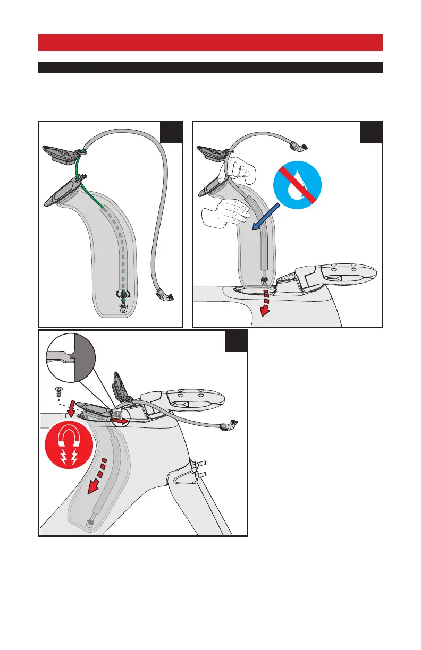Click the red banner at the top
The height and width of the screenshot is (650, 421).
(x=210, y=42)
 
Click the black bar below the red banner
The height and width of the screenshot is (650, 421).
(x=210, y=67)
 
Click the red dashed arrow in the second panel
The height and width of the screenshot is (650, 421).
(x=264, y=306)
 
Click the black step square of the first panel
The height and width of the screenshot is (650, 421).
(x=171, y=132)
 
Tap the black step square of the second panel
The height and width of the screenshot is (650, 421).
(x=371, y=132)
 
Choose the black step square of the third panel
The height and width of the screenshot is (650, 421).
(x=236, y=341)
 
